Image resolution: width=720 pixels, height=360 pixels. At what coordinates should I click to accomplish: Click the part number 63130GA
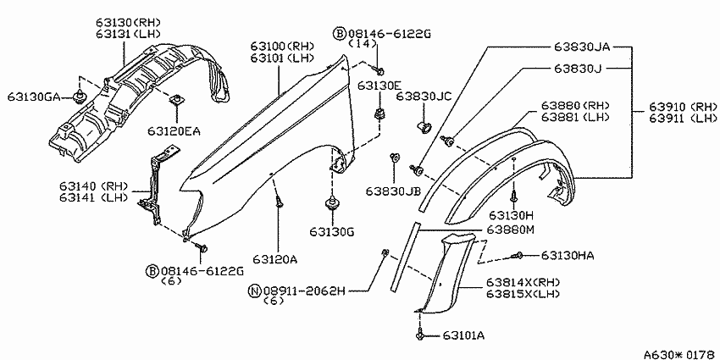point(34,97)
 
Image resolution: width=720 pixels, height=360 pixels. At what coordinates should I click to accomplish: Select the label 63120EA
point(174,131)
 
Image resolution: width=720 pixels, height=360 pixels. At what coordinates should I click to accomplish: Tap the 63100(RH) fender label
point(282,46)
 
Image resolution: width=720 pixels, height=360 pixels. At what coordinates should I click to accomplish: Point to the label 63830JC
point(424,97)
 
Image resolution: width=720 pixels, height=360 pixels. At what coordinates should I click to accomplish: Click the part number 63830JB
point(394,191)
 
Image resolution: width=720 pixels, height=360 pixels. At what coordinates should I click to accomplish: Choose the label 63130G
point(331,232)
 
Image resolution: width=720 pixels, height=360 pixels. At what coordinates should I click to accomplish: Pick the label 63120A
point(275,259)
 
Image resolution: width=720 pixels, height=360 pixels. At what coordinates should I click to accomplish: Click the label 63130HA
point(568,255)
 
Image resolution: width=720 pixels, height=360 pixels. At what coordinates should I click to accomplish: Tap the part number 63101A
point(464,335)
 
